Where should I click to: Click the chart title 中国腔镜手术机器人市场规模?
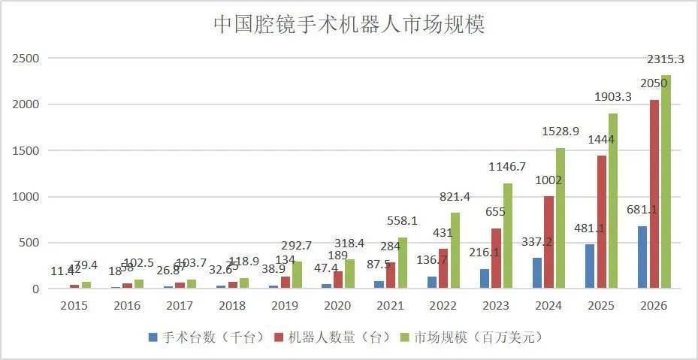click(x=349, y=24)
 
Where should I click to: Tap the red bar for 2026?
click(x=654, y=194)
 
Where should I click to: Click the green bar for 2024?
click(x=560, y=218)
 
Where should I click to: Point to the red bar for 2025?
click(x=601, y=222)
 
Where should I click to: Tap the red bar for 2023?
click(x=496, y=259)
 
